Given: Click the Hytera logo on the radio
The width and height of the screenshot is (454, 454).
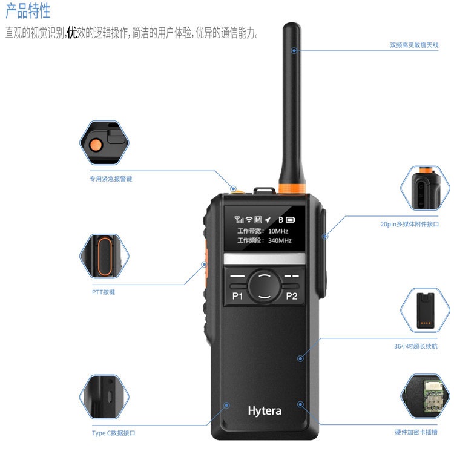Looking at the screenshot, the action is pyautogui.click(x=265, y=411).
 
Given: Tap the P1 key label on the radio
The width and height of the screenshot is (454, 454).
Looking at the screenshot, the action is pyautogui.click(x=237, y=296).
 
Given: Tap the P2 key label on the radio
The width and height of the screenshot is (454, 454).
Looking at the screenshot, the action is pyautogui.click(x=291, y=296).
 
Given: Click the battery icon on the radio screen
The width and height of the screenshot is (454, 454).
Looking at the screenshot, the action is pyautogui.click(x=291, y=220).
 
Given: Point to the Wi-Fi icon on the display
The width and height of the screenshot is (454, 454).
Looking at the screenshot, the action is pyautogui.click(x=249, y=220).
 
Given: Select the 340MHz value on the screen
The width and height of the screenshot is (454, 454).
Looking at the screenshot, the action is pyautogui.click(x=280, y=240).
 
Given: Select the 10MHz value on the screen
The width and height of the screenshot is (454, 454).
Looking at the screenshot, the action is pyautogui.click(x=278, y=231).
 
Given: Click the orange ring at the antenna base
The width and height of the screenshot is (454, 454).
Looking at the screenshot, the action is pyautogui.click(x=292, y=188).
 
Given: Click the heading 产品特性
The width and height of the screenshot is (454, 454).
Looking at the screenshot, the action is pyautogui.click(x=28, y=11).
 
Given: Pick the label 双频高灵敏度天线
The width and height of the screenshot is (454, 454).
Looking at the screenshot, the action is pyautogui.click(x=414, y=45).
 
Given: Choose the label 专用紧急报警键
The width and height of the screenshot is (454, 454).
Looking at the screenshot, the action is pyautogui.click(x=111, y=179).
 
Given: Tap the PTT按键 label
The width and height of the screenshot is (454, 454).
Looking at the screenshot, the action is pyautogui.click(x=104, y=292).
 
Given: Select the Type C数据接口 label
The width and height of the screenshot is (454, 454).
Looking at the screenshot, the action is pyautogui.click(x=114, y=433).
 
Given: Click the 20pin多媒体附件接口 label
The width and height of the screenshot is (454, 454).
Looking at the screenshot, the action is pyautogui.click(x=410, y=224).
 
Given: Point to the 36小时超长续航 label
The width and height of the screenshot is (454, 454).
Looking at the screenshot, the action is pyautogui.click(x=416, y=346).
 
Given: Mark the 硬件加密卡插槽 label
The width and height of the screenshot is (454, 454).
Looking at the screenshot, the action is pyautogui.click(x=416, y=432).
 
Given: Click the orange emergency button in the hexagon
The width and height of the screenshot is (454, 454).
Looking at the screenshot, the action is pyautogui.click(x=96, y=145).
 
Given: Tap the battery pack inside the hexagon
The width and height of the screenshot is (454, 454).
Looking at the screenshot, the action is pyautogui.click(x=426, y=311).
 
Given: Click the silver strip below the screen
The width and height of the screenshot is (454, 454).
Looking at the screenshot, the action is pyautogui.click(x=265, y=258).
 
